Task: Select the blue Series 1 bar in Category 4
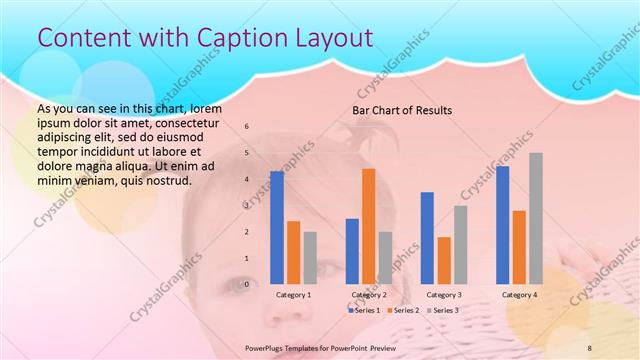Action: pyautogui.click(x=502, y=225)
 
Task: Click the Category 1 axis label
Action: pyautogui.click(x=293, y=295)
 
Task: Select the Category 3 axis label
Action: pyautogui.click(x=444, y=295)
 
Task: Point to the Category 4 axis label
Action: pyautogui.click(x=519, y=295)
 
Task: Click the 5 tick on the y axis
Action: pyautogui.click(x=250, y=153)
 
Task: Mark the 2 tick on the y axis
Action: pyautogui.click(x=250, y=232)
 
